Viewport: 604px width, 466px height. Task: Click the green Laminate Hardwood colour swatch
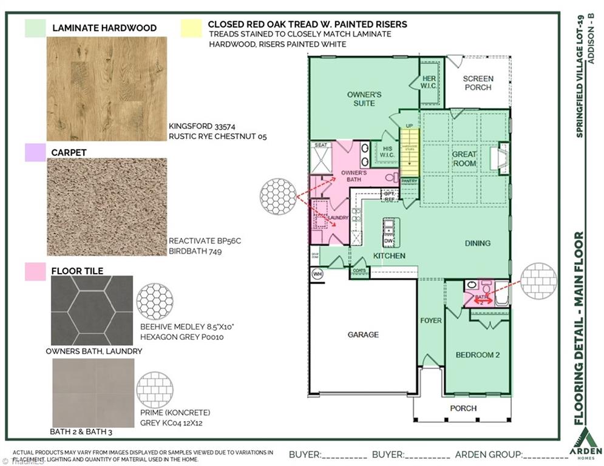tap(35, 28)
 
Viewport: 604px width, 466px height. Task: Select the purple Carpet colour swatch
tap(35, 152)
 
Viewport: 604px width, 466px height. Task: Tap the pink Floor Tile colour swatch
tap(35, 271)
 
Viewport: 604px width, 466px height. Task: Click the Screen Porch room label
tap(478, 83)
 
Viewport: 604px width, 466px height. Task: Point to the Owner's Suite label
tap(364, 99)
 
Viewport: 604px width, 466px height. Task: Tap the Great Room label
tap(464, 158)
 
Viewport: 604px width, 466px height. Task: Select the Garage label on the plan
tap(363, 334)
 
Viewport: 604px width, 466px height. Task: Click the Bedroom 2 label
tap(478, 354)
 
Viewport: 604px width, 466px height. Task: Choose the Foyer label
tap(431, 320)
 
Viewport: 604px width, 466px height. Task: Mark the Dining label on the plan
tap(478, 243)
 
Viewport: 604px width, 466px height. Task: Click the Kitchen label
tap(389, 256)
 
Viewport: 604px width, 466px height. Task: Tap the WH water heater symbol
tap(317, 274)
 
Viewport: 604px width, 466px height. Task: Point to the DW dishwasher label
tap(389, 241)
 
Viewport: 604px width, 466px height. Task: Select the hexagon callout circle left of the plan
tap(277, 196)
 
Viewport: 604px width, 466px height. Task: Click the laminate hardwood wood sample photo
tap(106, 89)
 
